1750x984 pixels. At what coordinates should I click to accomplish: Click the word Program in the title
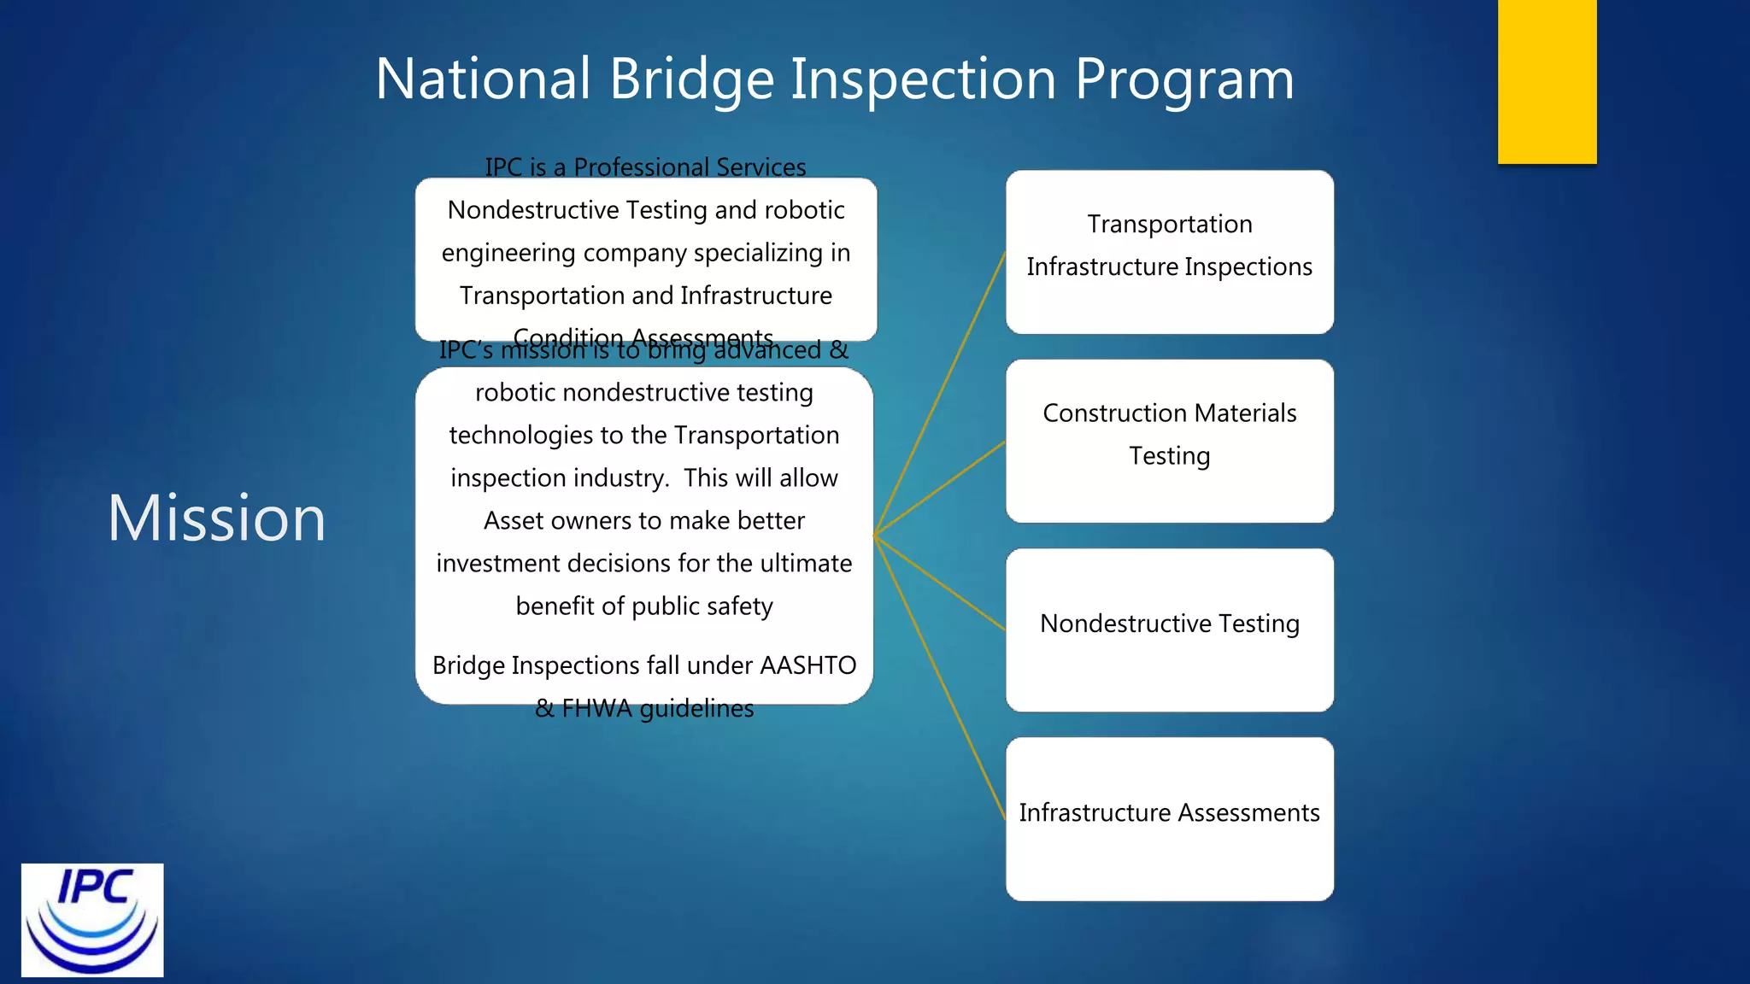pos(1183,79)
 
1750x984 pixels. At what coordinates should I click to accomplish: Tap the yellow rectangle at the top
pos(1547,81)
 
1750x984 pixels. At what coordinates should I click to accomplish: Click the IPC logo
pos(92,920)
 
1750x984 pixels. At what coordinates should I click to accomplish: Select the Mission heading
pos(216,518)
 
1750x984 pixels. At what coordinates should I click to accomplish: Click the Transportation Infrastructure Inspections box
pos(1169,252)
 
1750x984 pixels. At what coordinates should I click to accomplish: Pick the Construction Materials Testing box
pos(1169,441)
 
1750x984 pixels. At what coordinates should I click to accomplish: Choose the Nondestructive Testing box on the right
pos(1169,630)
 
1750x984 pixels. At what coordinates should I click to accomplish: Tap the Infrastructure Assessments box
pos(1169,818)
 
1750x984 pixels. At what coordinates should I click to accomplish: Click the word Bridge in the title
pos(691,79)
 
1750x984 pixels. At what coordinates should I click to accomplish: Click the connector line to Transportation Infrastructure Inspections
pos(940,394)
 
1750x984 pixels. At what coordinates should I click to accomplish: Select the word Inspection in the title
pos(923,79)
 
